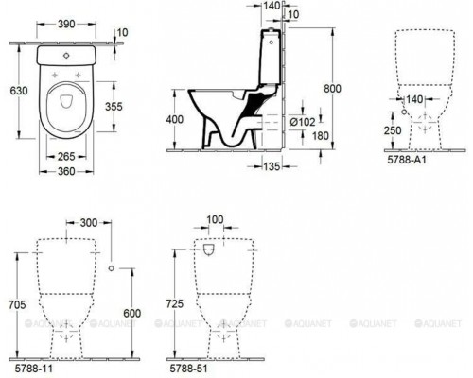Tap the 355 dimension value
tap(113, 106)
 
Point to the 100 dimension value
tap(217, 219)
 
